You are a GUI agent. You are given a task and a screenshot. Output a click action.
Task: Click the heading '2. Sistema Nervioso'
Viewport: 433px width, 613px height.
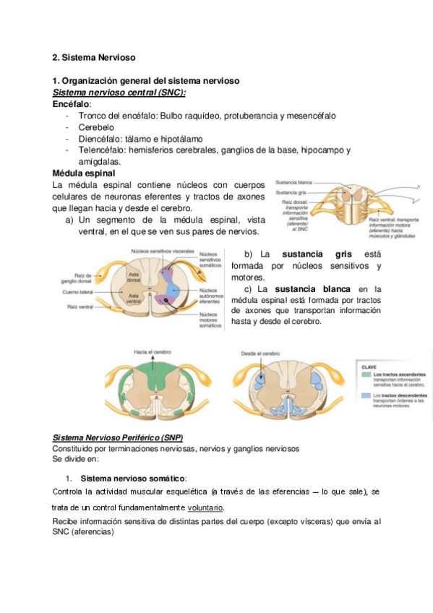(95, 56)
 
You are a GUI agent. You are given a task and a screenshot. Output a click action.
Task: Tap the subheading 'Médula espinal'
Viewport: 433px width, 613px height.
(84, 173)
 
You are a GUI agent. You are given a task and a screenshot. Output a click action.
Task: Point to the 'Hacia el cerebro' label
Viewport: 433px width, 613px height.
(150, 352)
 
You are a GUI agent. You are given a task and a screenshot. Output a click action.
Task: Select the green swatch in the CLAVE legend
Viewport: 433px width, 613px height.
(366, 375)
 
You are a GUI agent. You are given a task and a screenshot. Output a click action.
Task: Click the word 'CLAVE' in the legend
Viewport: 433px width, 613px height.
(369, 367)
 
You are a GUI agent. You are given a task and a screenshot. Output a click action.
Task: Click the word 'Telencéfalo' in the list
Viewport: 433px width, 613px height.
(100, 150)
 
